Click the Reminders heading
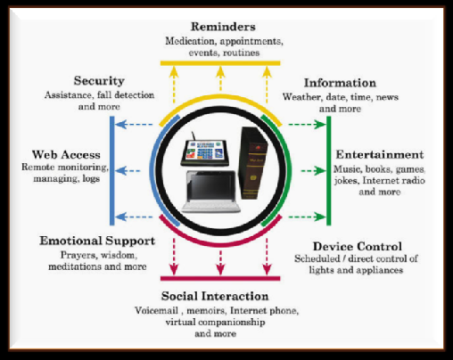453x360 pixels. point(223,27)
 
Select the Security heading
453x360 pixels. point(99,81)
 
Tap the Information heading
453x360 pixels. point(340,83)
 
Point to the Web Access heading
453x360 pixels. point(66,155)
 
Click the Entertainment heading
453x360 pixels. point(380,155)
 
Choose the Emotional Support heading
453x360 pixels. point(97,241)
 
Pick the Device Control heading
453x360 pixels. point(358,247)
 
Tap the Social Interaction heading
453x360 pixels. point(215,296)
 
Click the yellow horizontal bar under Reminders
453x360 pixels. point(220,63)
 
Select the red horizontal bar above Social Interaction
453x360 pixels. point(220,278)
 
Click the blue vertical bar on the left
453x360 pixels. point(112,171)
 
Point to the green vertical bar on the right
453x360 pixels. point(329,171)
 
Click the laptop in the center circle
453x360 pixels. point(211,192)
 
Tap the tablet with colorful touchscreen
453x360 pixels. point(205,151)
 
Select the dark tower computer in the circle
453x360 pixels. point(252,163)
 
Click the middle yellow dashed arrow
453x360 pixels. point(220,78)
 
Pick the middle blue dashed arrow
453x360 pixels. point(128,171)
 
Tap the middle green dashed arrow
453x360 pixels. point(313,171)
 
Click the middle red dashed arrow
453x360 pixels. point(220,263)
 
